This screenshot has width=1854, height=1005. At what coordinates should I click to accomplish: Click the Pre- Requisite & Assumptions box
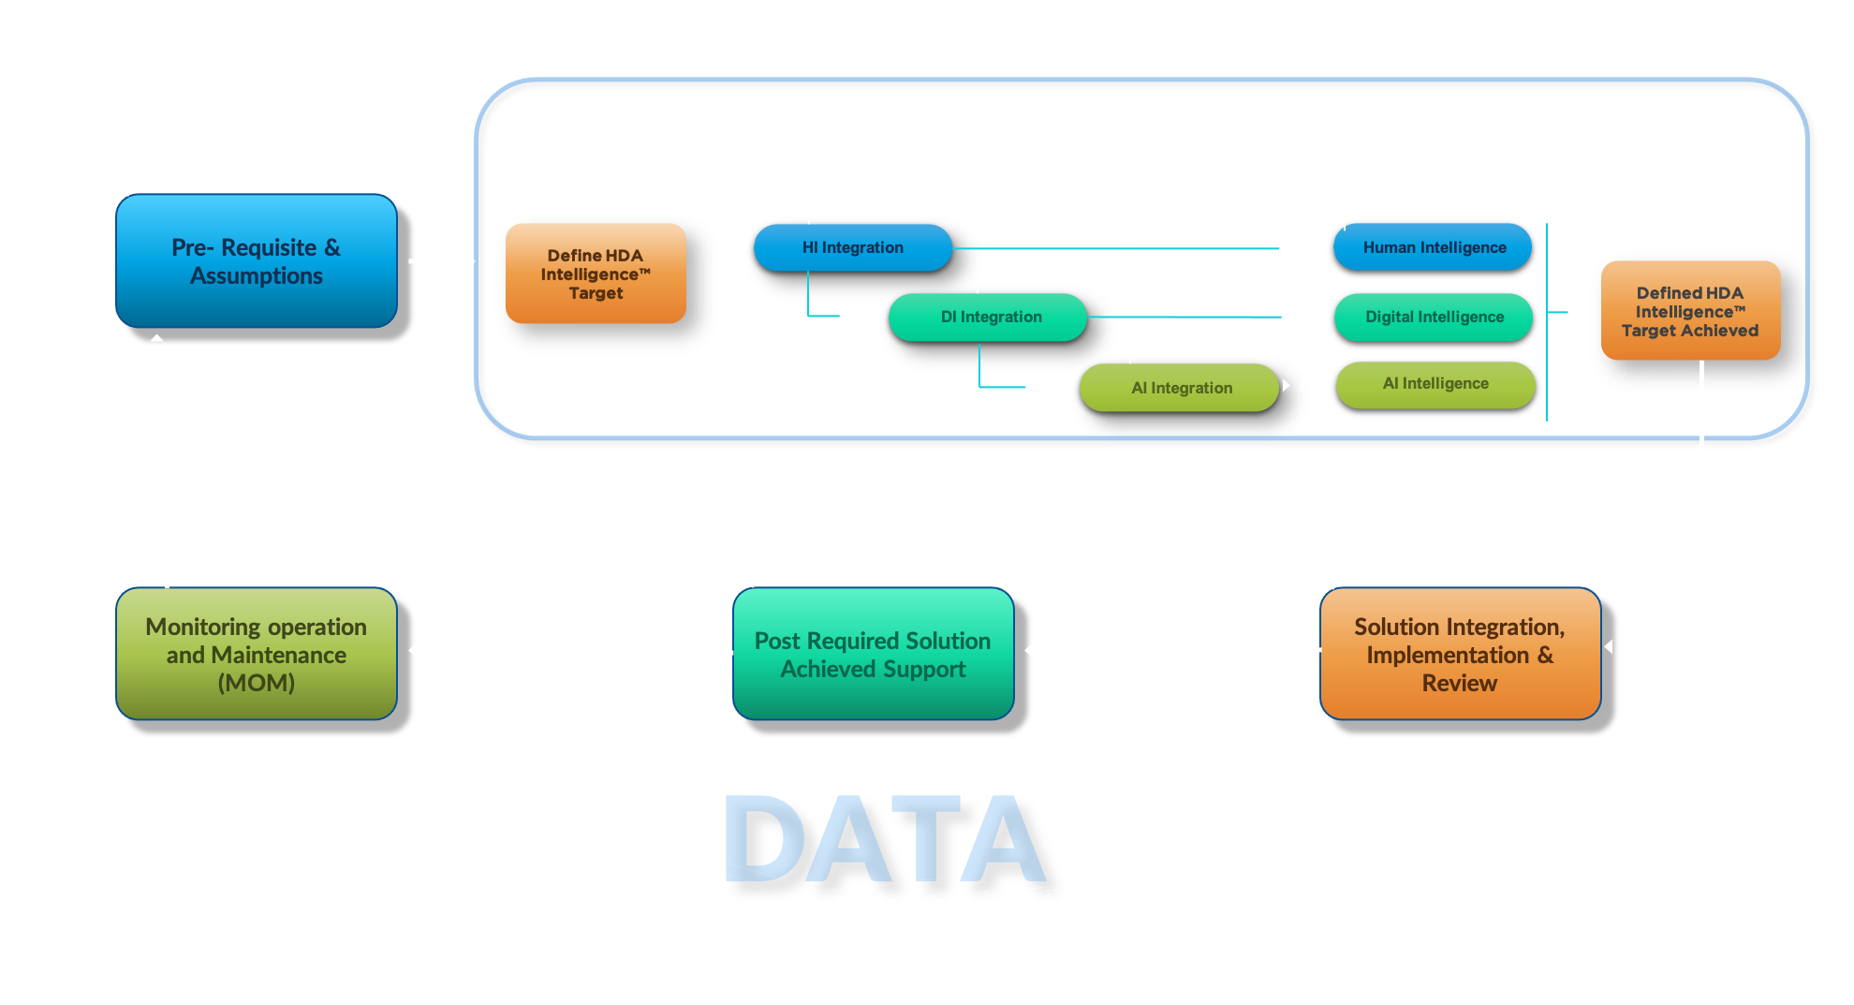(x=256, y=261)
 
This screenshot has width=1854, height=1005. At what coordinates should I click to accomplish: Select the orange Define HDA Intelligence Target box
(x=596, y=273)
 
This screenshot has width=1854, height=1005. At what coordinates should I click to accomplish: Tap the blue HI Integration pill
(x=852, y=247)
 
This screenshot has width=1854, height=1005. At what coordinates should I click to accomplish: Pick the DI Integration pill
(x=990, y=317)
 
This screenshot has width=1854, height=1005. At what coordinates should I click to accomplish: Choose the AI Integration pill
(x=1180, y=388)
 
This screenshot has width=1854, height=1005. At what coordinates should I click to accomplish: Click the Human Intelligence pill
(x=1434, y=247)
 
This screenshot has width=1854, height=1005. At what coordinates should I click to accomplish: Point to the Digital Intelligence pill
(x=1434, y=317)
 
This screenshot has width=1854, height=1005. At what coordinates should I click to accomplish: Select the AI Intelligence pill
(x=1435, y=384)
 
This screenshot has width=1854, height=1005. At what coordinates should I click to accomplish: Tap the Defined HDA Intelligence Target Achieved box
(x=1690, y=311)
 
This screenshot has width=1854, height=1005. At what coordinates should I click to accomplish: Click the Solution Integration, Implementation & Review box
(x=1459, y=654)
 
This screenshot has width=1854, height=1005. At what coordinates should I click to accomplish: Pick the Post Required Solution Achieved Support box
(x=873, y=654)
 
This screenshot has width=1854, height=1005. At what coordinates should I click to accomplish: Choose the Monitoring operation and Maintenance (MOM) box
(x=256, y=654)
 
